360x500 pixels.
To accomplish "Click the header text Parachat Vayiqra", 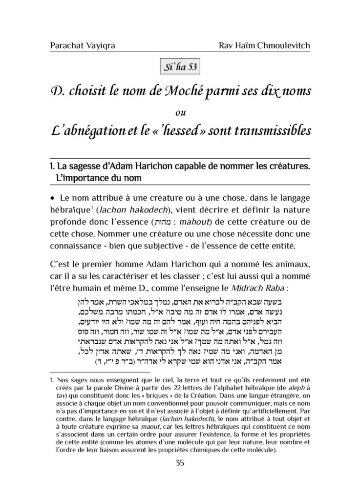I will click(79, 47).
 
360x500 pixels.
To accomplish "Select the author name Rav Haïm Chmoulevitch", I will click(265, 47).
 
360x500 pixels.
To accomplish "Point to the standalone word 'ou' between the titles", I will click(180, 112).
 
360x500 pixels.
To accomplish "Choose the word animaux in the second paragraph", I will click(291, 265).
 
